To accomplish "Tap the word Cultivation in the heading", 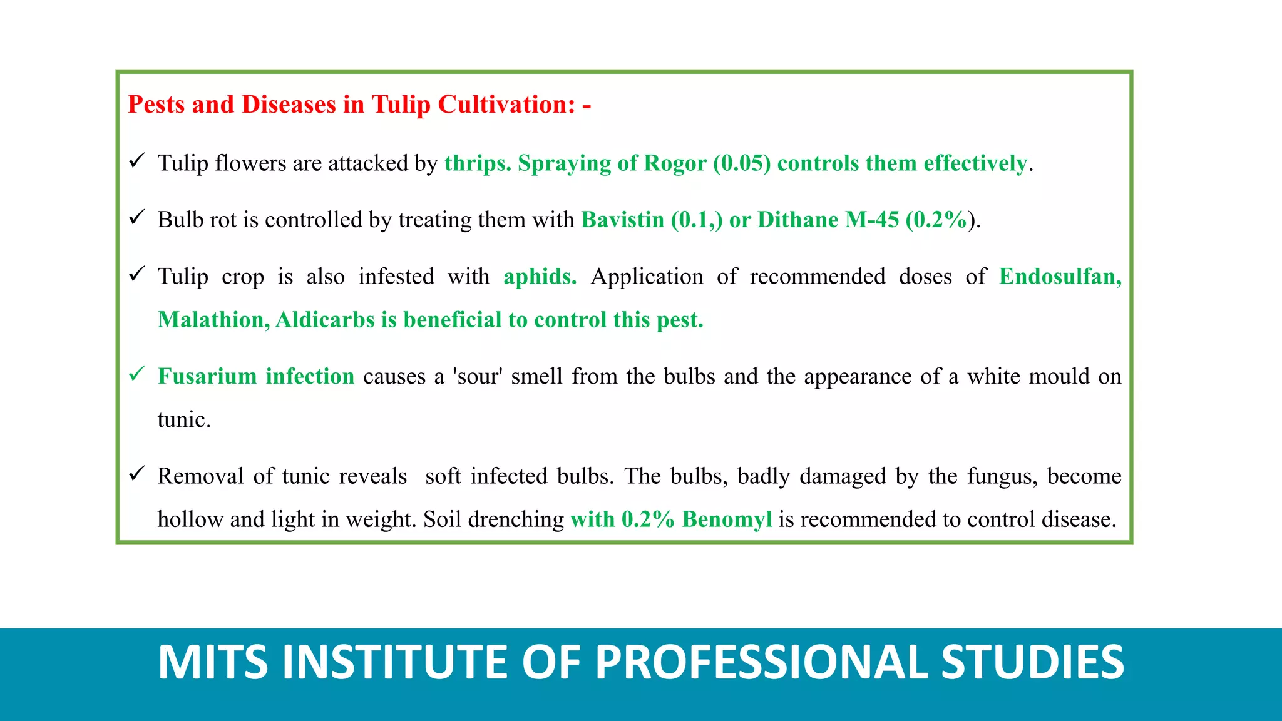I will (506, 105).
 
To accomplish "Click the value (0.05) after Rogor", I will (742, 163).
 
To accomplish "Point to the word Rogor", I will (675, 163).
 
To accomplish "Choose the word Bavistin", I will (622, 220).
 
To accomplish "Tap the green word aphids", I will (540, 277).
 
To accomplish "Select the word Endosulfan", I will (1060, 277).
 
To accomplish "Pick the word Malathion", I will (213, 320).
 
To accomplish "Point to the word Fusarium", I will (207, 376).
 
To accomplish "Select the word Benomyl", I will (727, 519).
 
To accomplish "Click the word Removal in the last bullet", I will (200, 476).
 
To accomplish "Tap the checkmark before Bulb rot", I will (137, 217).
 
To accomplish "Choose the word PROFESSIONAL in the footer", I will (761, 662).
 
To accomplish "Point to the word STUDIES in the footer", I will (1032, 662).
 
